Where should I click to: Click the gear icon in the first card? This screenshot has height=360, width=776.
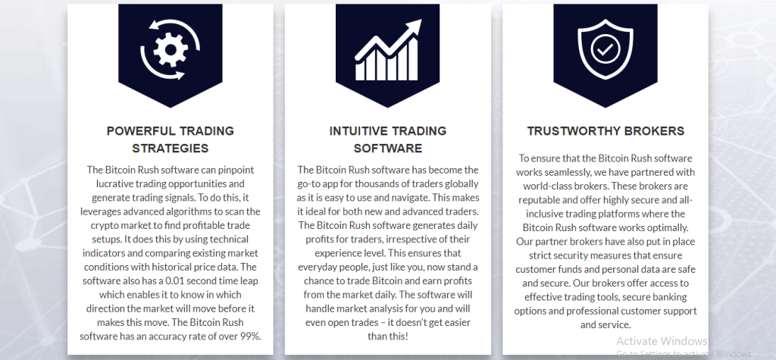tap(171, 49)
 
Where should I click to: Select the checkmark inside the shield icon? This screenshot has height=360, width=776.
tap(605, 49)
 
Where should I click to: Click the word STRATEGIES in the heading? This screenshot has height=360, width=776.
tap(171, 148)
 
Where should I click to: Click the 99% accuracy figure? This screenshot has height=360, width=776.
tap(250, 337)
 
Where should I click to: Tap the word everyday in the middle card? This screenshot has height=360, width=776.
tap(317, 268)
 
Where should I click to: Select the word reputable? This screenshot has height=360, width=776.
tap(540, 200)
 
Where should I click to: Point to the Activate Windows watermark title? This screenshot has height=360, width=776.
tap(662, 341)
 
